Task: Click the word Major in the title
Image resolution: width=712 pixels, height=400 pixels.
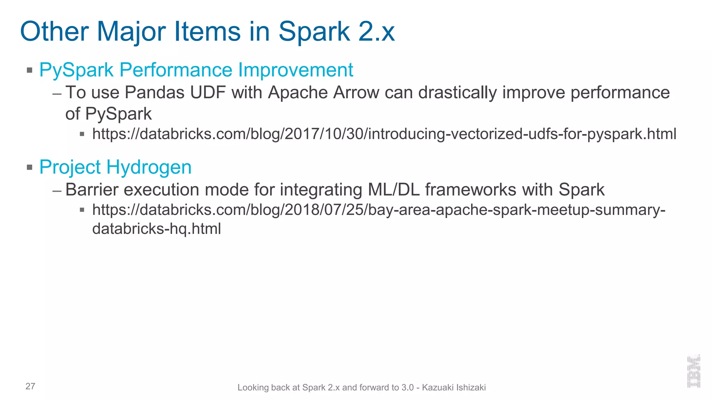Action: click(131, 32)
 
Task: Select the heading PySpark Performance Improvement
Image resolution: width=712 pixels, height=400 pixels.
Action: click(196, 70)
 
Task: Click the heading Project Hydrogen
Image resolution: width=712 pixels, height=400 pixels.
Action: click(115, 167)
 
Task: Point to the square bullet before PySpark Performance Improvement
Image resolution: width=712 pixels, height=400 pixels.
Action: click(30, 70)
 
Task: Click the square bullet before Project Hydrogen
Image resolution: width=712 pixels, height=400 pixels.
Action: click(30, 168)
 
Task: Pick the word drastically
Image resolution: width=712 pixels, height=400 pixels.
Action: click(458, 93)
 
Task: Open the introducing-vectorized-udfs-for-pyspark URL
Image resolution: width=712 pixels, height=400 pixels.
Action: click(384, 134)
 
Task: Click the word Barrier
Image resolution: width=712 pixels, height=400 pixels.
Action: click(92, 190)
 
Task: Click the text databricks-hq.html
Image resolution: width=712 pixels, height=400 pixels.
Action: click(156, 229)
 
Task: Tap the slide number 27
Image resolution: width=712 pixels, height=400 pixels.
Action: click(30, 386)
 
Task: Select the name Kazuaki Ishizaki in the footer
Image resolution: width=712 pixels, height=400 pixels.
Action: click(454, 387)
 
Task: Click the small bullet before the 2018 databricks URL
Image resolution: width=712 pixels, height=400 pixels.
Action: click(82, 210)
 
